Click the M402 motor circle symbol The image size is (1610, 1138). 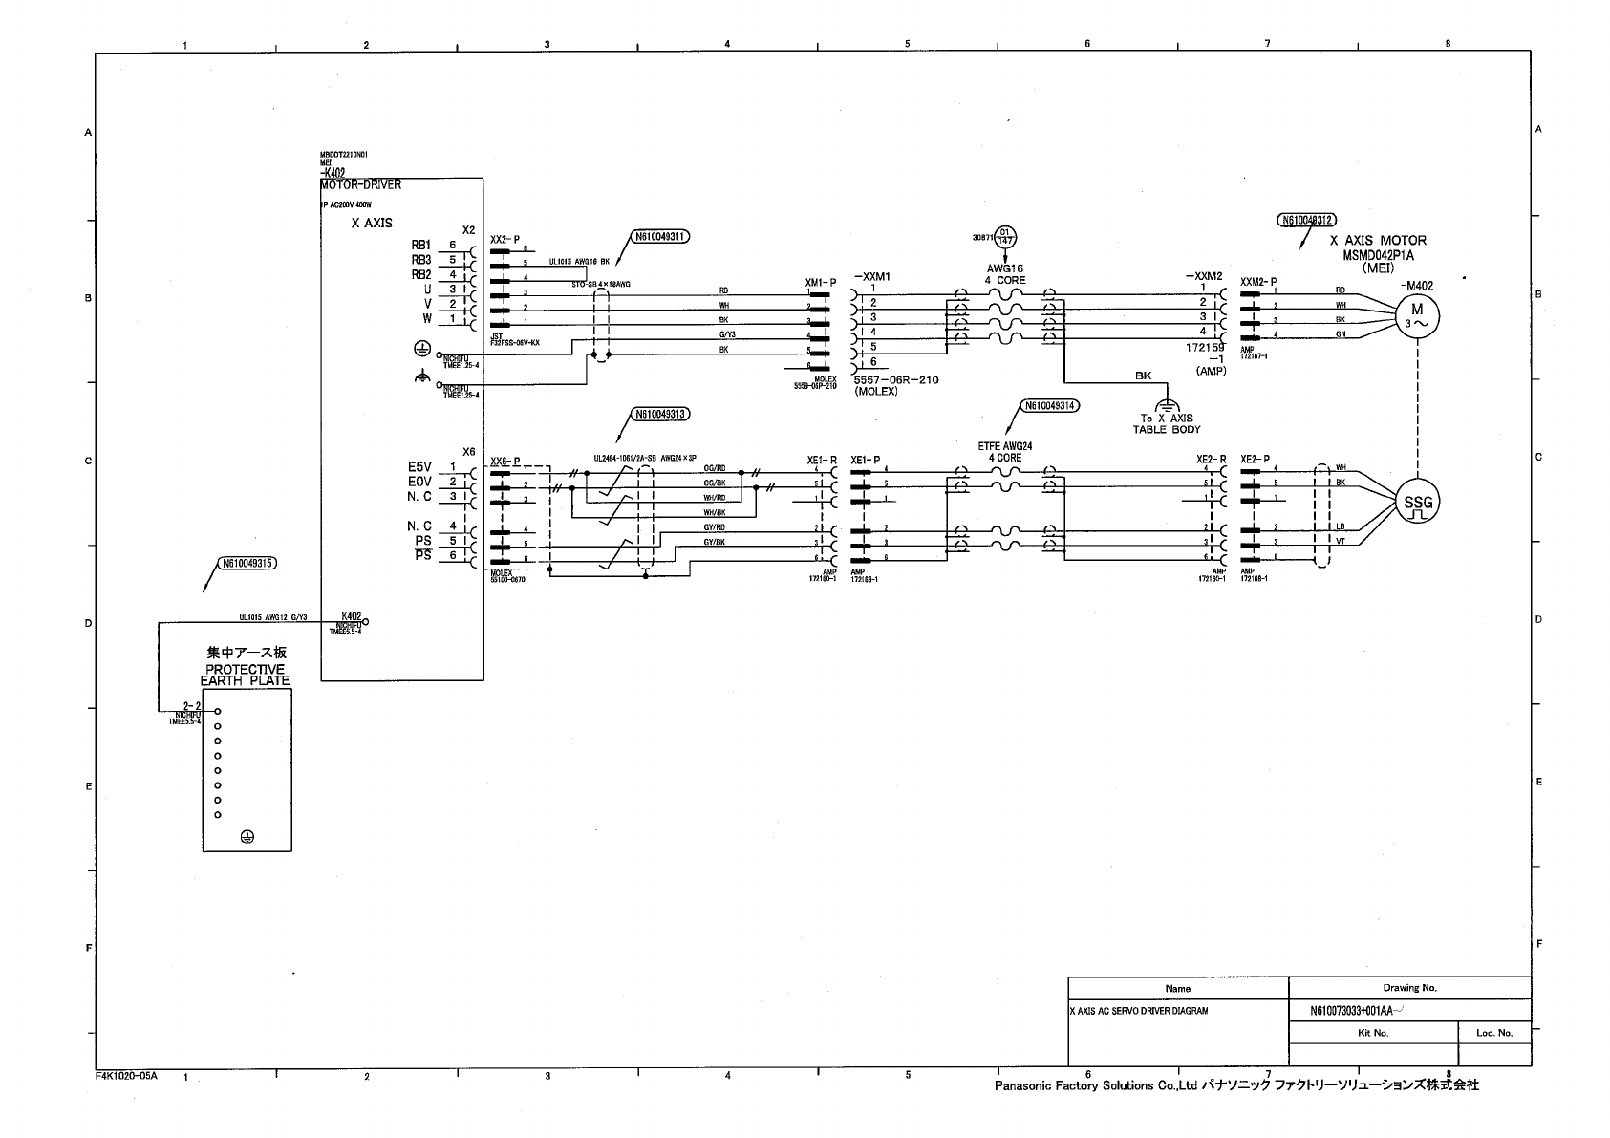click(x=1417, y=315)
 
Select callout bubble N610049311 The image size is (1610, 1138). click(x=659, y=236)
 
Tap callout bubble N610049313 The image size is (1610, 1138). click(x=660, y=415)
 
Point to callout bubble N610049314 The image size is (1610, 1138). click(x=1049, y=405)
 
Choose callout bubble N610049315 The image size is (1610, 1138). click(x=247, y=564)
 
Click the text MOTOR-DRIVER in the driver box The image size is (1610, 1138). click(x=361, y=184)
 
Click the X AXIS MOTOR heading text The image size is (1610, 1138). click(x=1378, y=241)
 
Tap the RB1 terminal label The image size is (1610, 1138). click(x=421, y=245)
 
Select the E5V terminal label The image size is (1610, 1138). click(x=419, y=467)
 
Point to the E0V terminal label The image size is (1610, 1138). click(x=419, y=482)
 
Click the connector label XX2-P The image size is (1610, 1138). click(x=505, y=239)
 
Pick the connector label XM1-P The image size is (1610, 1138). click(x=820, y=283)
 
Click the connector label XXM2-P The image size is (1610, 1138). click(x=1258, y=282)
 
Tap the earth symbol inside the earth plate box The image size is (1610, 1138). click(x=247, y=836)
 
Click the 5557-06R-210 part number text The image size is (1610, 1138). click(x=896, y=380)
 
